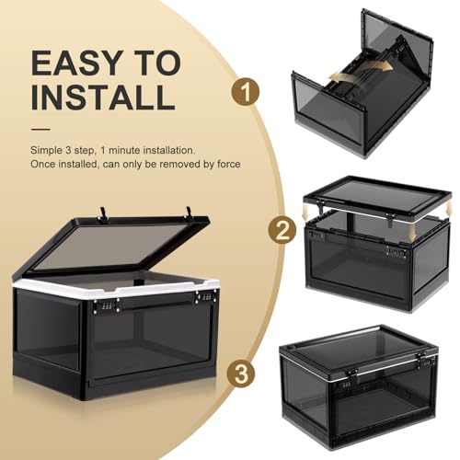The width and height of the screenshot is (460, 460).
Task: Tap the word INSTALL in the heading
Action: point(103,97)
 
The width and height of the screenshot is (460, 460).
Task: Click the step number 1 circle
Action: point(246,91)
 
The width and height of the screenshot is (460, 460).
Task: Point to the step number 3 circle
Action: point(241,374)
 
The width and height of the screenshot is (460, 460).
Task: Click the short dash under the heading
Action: point(40,129)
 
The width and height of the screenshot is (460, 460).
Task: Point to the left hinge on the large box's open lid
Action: point(102,214)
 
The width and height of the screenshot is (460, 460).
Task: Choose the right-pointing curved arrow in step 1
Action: point(378,64)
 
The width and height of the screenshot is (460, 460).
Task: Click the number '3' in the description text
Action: point(67,151)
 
